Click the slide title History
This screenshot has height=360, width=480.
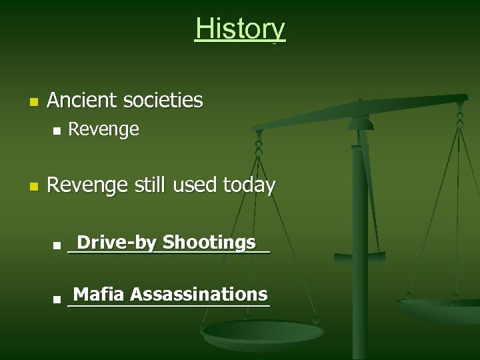pos(240,29)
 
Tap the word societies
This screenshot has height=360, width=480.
pos(163,101)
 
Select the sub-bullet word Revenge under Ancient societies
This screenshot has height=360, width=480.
pos(104,130)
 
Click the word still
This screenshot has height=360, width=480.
pos(147,185)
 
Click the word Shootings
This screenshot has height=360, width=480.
pos(209,243)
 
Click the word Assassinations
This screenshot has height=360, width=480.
pos(199,294)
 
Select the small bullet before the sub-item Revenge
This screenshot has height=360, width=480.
pos(56,131)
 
